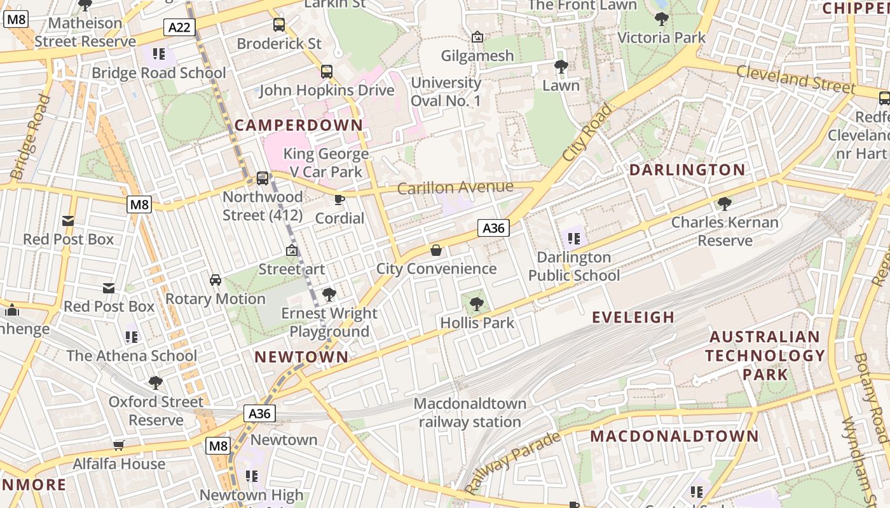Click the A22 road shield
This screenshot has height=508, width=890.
click(179, 27)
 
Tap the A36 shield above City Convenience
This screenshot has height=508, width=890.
click(494, 228)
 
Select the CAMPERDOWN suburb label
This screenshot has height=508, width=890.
click(299, 125)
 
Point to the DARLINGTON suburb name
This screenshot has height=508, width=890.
click(687, 170)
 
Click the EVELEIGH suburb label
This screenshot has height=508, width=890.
click(633, 317)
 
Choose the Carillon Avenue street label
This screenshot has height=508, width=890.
click(455, 187)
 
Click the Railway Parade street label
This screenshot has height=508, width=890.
click(512, 463)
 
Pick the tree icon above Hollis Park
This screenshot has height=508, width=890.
click(476, 304)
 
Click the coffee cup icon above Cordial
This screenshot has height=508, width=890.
click(339, 200)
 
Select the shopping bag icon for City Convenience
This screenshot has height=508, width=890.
click(436, 250)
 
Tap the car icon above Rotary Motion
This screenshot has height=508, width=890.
click(216, 280)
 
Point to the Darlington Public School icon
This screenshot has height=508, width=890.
click(574, 239)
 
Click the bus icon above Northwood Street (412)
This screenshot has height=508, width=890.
click(263, 178)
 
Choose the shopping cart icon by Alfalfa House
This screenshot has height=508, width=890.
click(118, 446)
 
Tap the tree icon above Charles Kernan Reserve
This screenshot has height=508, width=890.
click(724, 204)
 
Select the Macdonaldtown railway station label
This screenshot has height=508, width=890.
click(470, 413)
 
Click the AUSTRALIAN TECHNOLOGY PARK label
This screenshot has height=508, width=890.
click(765, 355)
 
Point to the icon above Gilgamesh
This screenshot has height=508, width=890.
click(477, 37)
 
